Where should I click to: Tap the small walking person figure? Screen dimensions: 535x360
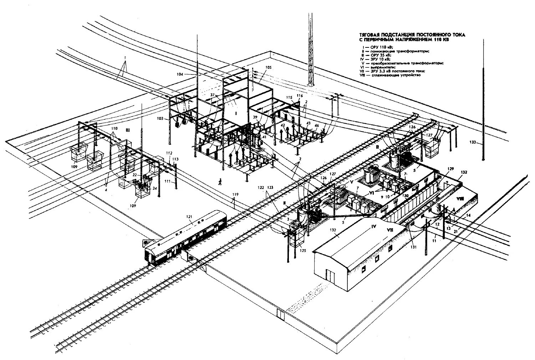pos(220,181)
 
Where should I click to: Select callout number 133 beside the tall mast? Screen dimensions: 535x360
pos(473,142)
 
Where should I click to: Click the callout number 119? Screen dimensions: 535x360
pos(235,195)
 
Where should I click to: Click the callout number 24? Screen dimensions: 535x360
pos(154,189)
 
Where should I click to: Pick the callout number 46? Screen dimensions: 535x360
pos(316,126)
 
